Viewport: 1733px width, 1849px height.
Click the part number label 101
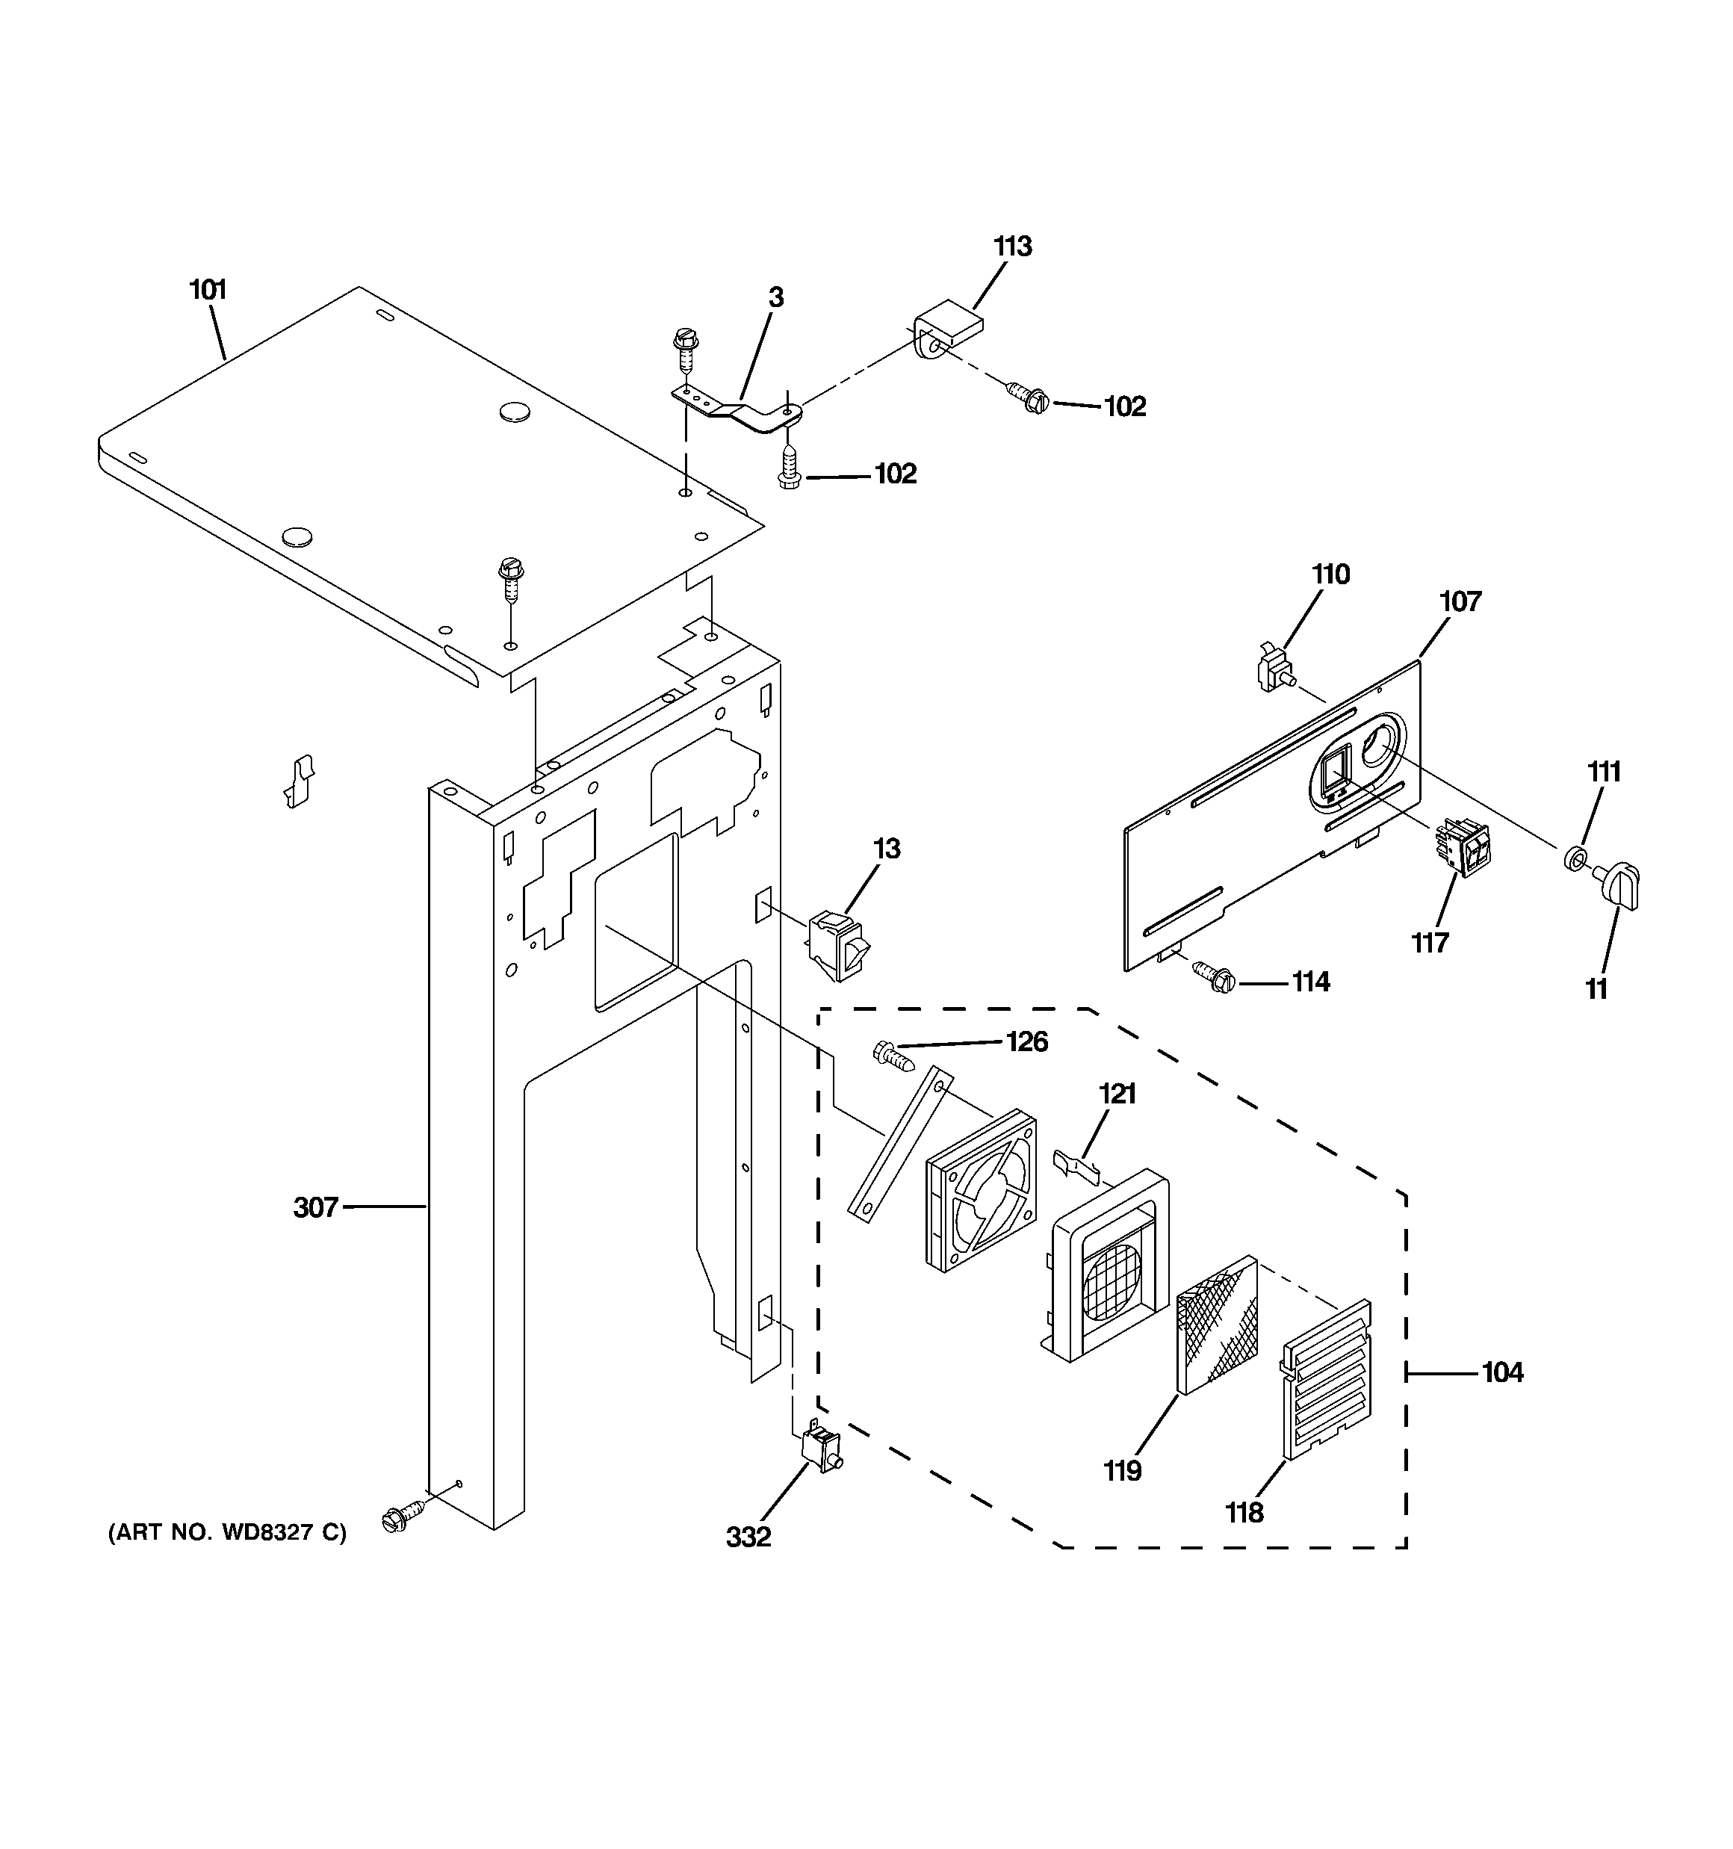[x=208, y=290]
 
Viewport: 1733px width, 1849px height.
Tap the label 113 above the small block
[x=1012, y=247]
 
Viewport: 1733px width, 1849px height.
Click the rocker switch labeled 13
[x=838, y=945]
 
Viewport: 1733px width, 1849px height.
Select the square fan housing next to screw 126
[x=979, y=1189]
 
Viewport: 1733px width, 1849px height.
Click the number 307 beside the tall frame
[x=315, y=1208]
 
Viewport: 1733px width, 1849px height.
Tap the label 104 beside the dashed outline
[x=1502, y=1372]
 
